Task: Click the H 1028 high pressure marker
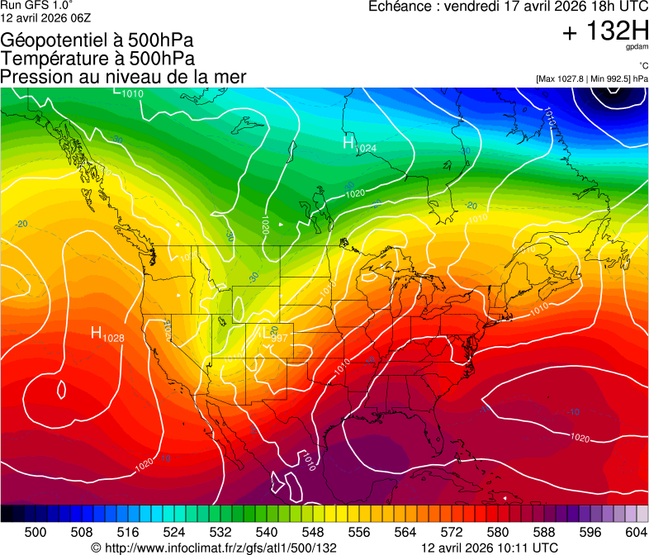point(107,334)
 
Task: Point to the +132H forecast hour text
point(605,32)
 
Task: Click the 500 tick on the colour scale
point(36,532)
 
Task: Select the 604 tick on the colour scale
point(637,532)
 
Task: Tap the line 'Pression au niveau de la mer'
point(124,77)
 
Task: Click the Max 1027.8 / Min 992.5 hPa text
point(591,78)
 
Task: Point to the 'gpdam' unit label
point(637,47)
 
